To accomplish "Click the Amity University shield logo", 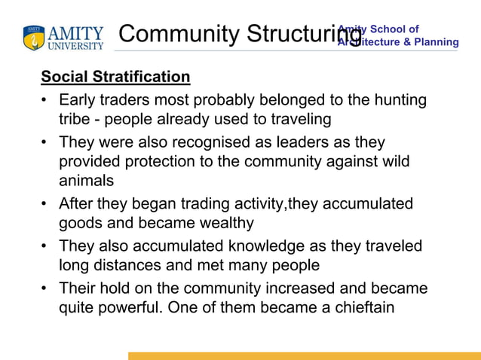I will pyautogui.click(x=34, y=37).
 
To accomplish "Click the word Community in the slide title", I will pyautogui.click(x=177, y=34).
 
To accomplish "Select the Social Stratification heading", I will pyautogui.click(x=115, y=77).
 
